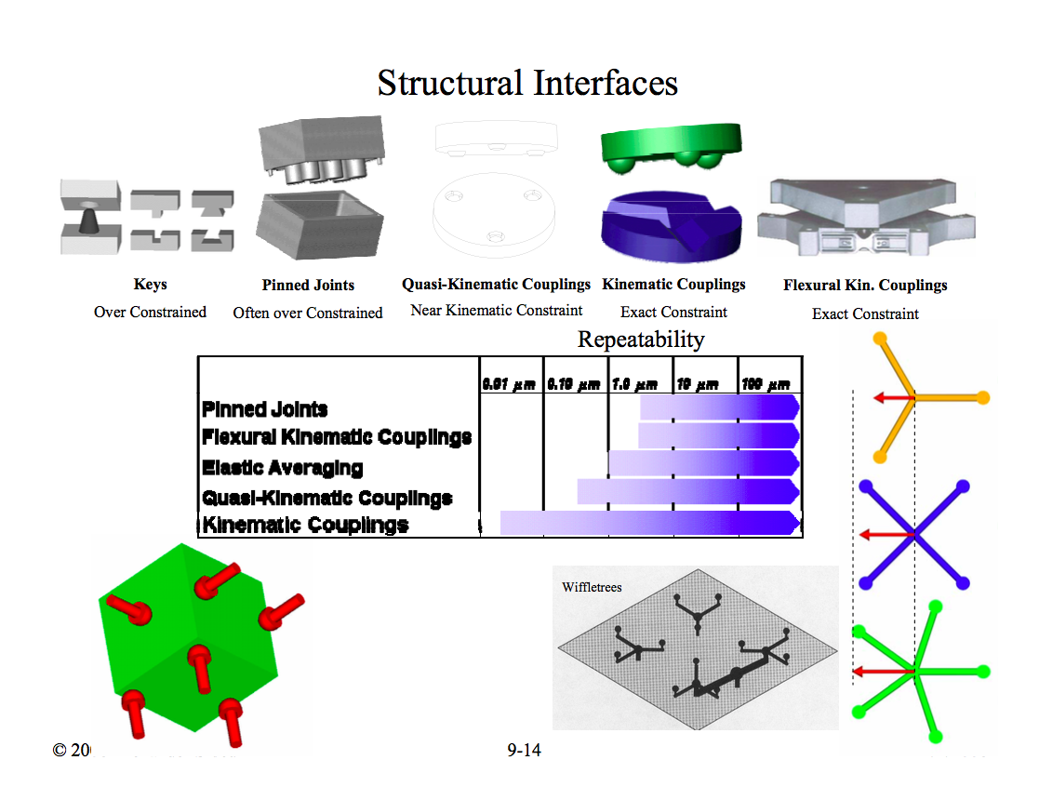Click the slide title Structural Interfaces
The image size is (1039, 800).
[x=527, y=83]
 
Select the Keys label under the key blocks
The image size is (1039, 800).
[x=150, y=285]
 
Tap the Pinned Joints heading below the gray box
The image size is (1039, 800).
[x=308, y=286]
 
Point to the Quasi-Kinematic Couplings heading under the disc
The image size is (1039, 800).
[x=496, y=284]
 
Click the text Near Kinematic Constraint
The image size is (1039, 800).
[x=497, y=310]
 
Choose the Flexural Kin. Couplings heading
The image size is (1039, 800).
[x=865, y=286]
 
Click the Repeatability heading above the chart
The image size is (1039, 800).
[x=641, y=340]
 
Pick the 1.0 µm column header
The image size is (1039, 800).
[x=634, y=383]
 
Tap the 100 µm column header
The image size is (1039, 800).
[x=766, y=383]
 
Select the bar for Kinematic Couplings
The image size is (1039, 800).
[x=649, y=523]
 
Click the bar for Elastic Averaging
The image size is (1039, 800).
[x=703, y=463]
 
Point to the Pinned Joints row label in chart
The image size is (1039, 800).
[x=265, y=409]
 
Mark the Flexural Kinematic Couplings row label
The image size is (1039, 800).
[x=337, y=437]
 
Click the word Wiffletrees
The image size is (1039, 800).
[x=592, y=587]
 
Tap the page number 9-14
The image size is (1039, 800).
[x=524, y=750]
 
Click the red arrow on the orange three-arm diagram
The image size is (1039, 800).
[x=892, y=398]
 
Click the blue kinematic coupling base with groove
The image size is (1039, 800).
[x=669, y=227]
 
